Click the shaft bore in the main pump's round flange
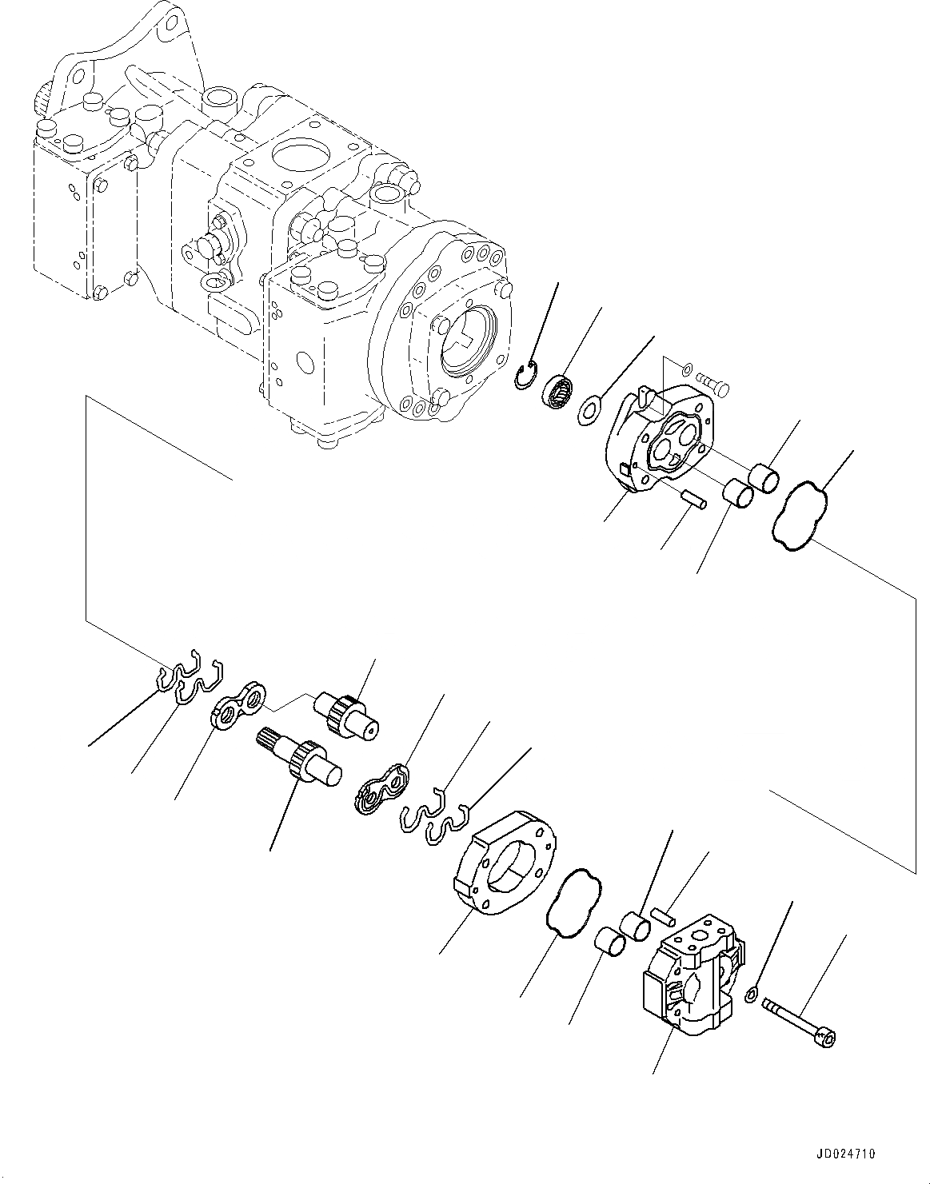point(465,341)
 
